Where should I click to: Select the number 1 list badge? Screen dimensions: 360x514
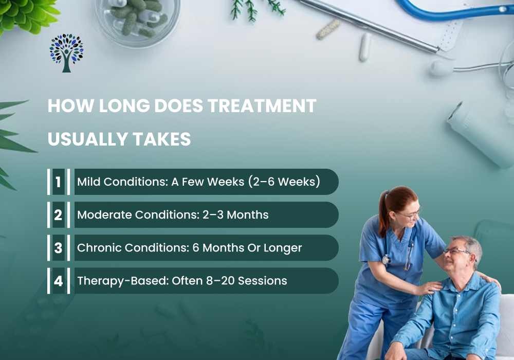point(58,182)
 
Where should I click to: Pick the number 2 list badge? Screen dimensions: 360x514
point(58,215)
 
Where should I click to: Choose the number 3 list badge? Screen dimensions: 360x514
point(58,248)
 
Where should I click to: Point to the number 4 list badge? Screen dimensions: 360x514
point(58,281)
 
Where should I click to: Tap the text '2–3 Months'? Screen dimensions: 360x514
point(233,215)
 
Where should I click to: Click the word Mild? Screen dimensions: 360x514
point(87,182)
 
